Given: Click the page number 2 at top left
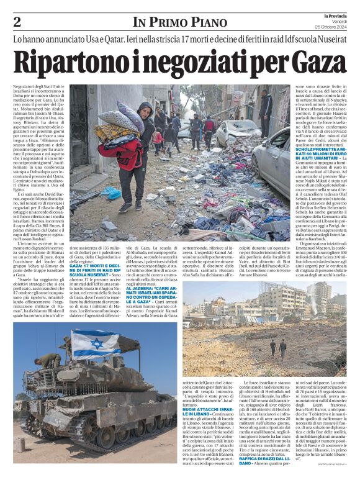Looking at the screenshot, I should tap(17, 22).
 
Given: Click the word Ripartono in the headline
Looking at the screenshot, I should tap(63, 61).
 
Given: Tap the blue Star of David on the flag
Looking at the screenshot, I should tap(98, 344).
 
